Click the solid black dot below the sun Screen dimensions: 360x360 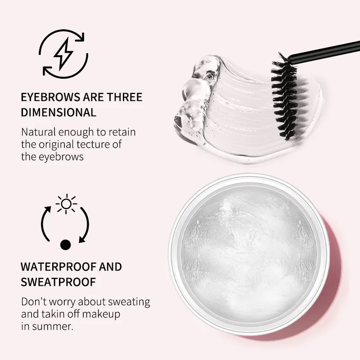[66, 245]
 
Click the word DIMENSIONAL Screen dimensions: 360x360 [58, 112]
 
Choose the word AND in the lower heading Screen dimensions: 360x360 [111, 266]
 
